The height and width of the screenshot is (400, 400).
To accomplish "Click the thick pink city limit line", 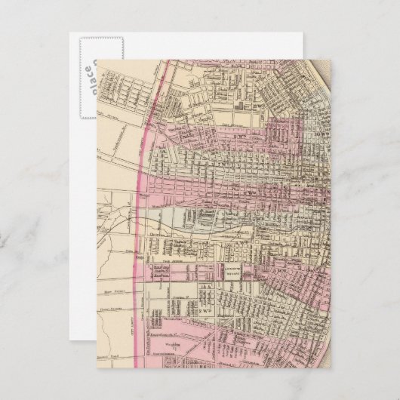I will tap(145, 151).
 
